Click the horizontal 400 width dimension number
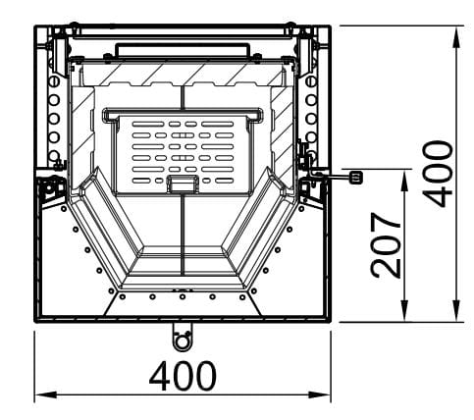click(183, 376)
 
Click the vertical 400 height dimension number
click(438, 174)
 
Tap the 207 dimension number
click(386, 245)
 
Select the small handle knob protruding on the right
click(356, 177)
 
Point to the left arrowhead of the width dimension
click(46, 394)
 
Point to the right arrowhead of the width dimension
click(320, 394)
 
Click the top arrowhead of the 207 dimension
click(405, 181)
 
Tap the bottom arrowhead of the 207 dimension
click(405, 310)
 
